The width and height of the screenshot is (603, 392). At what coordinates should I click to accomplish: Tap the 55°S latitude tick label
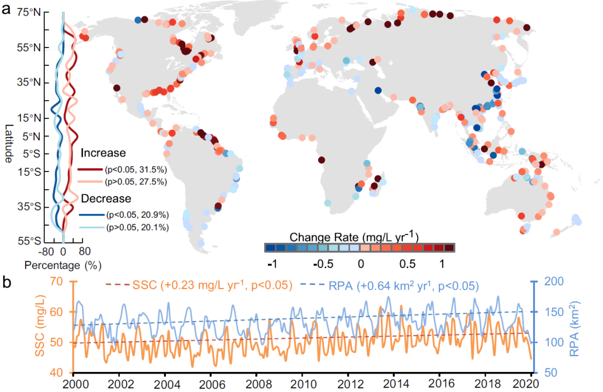pos(25,241)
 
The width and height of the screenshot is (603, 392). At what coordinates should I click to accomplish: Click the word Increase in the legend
pos(103,153)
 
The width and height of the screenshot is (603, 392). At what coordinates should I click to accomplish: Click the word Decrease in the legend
pos(106,198)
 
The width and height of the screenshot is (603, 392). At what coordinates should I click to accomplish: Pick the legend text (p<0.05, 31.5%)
pos(136,169)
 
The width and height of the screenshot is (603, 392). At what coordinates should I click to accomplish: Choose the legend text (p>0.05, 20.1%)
pos(136,227)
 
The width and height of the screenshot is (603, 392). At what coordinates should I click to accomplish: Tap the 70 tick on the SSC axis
pos(56,281)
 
